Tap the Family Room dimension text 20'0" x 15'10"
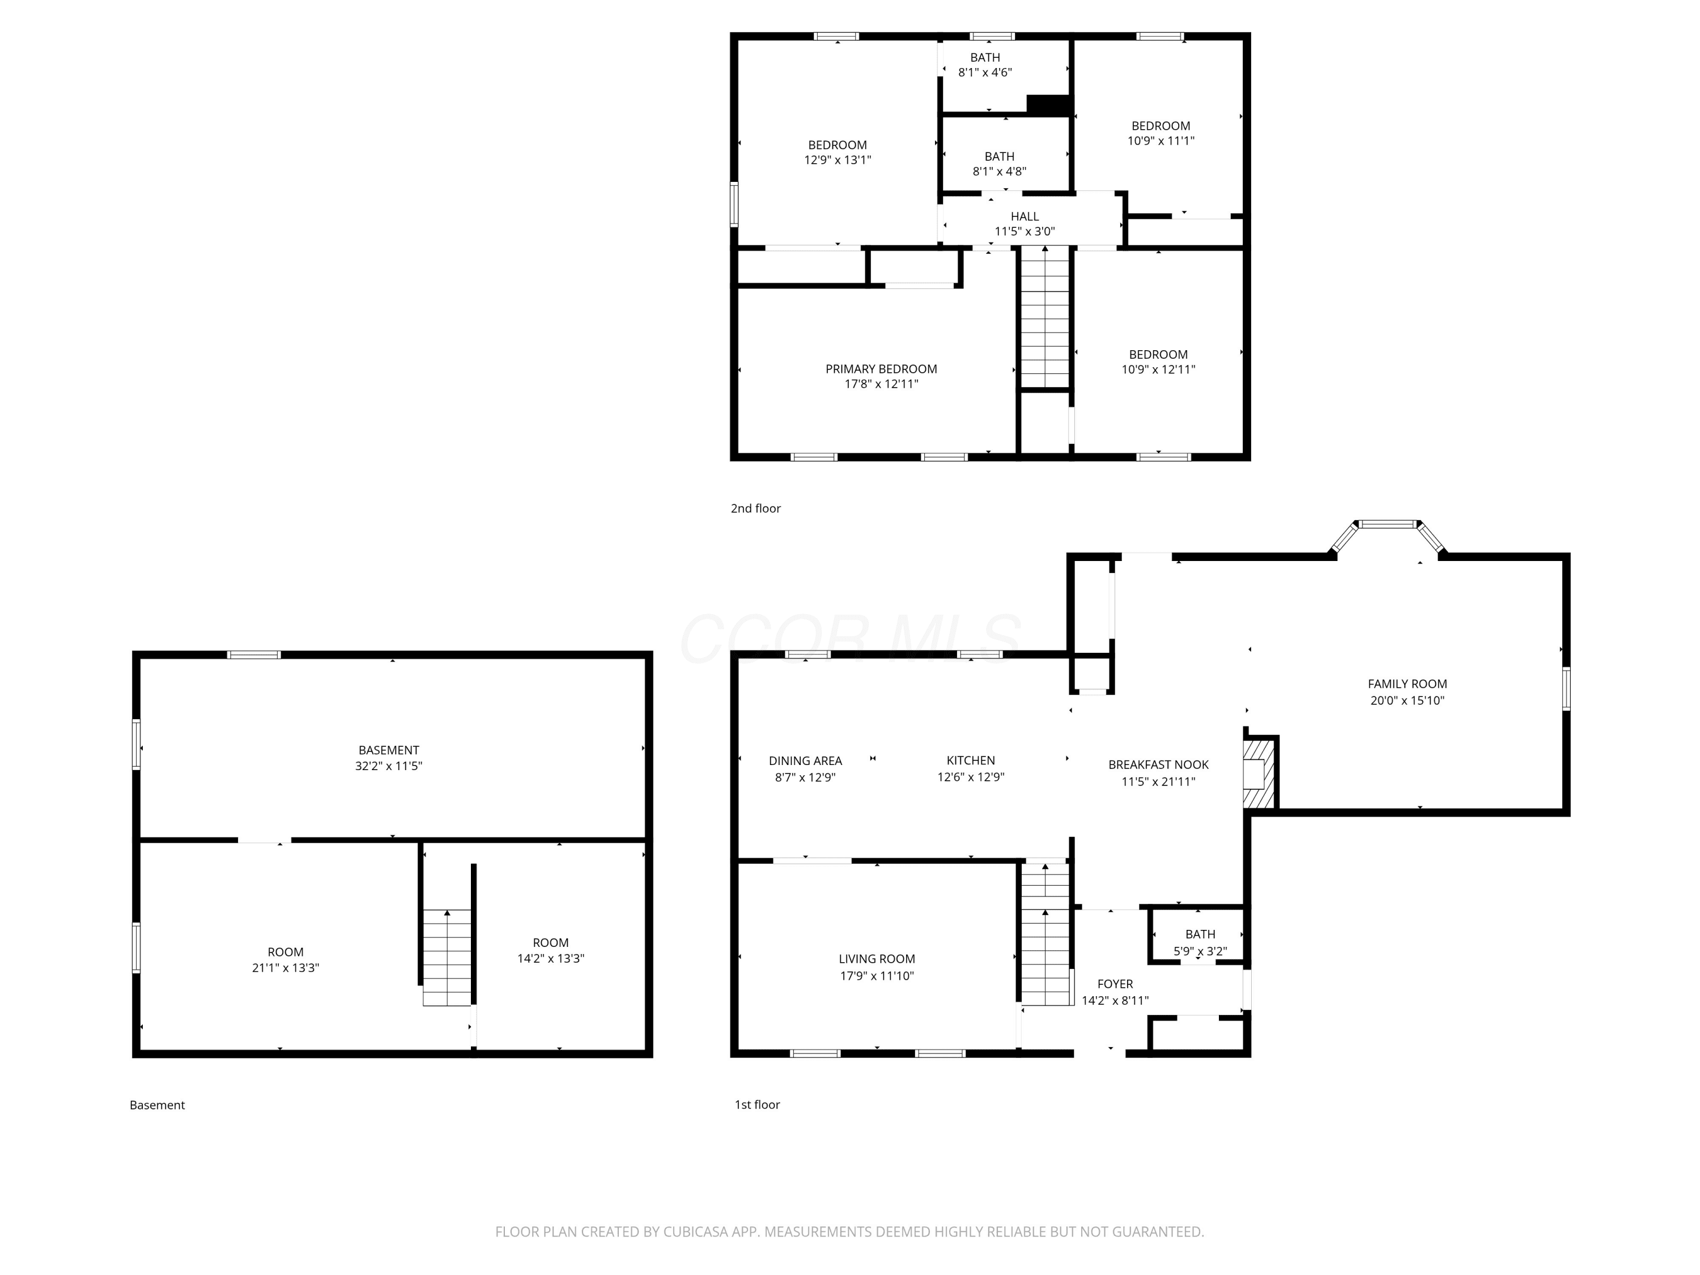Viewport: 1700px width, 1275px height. [x=1407, y=700]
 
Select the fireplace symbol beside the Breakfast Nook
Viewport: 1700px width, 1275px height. [x=1259, y=773]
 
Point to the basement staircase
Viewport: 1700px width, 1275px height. [x=447, y=958]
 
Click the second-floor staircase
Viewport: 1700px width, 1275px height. [x=1044, y=317]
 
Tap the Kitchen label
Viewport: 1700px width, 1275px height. [x=971, y=760]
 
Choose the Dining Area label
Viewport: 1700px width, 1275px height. [x=805, y=760]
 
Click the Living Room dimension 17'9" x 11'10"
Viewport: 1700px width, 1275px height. [x=877, y=975]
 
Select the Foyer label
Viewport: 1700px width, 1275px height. [x=1115, y=984]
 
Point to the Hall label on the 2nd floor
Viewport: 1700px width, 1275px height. [x=1025, y=216]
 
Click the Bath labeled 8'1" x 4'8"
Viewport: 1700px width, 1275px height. [x=999, y=164]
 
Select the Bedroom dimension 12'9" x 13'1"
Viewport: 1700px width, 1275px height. [x=838, y=160]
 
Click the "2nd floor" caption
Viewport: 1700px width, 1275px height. [x=755, y=508]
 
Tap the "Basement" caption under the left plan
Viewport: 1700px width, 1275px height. [x=157, y=1105]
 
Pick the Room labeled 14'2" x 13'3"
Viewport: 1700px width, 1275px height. [x=550, y=950]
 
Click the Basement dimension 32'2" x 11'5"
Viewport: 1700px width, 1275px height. [x=389, y=766]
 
